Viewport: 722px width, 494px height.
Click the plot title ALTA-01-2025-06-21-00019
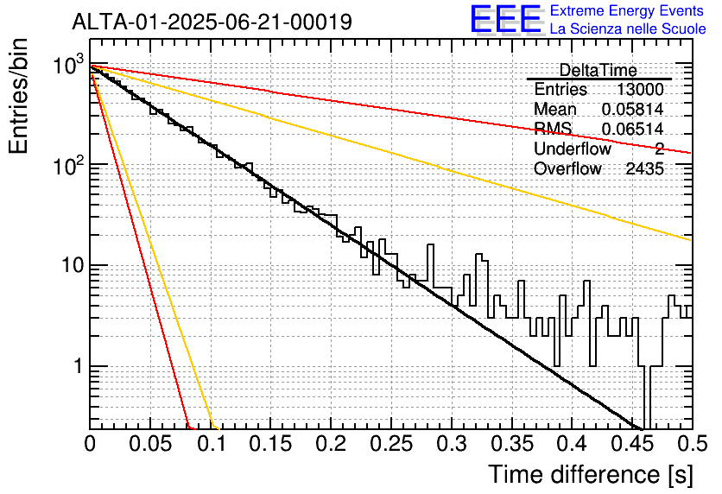pos(212,22)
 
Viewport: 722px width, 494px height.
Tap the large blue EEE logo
pos(506,19)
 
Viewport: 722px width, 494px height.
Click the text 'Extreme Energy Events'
pos(626,10)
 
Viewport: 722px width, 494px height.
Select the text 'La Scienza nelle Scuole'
pos(628,28)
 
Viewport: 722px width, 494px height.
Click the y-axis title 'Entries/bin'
pos(18,97)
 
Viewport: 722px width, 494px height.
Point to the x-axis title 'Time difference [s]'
pos(591,475)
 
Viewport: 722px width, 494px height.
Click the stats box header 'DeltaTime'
pos(598,71)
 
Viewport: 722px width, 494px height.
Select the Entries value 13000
pos(640,89)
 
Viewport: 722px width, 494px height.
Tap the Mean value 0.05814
pos(632,109)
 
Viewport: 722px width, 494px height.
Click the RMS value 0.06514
pos(632,129)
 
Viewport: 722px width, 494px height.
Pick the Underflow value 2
pos(659,149)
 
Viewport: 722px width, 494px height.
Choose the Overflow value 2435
pos(644,169)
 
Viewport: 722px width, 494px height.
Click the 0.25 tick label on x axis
pos(392,444)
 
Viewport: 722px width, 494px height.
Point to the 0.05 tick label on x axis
pos(150,444)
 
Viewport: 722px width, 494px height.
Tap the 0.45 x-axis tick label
pos(632,444)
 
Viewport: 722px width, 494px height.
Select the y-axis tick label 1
pos(78,367)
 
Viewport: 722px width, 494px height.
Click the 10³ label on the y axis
pos(68,65)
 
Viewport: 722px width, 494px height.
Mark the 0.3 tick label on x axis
pos(452,444)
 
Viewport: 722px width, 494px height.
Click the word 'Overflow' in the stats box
pos(567,169)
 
